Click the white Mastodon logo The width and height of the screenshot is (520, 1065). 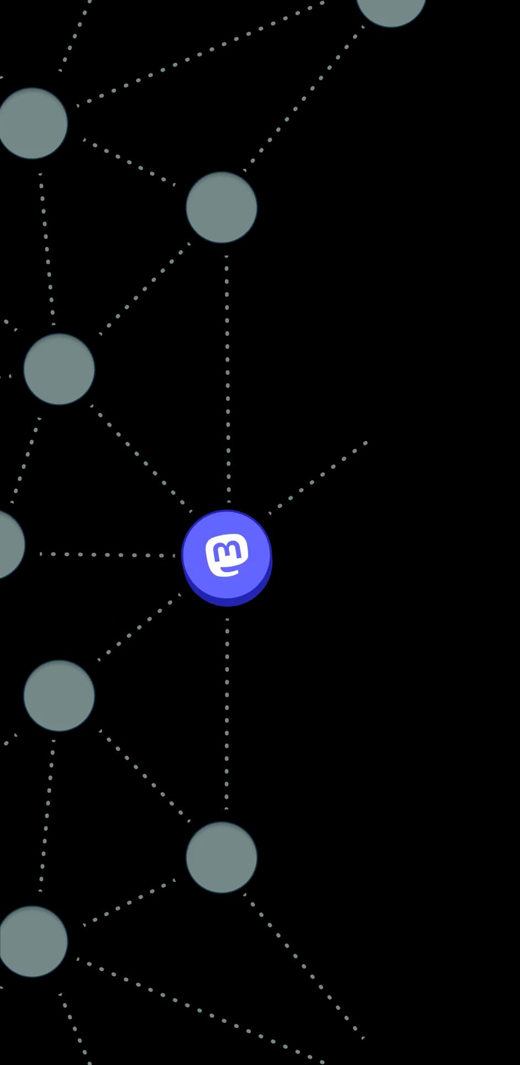coord(227,555)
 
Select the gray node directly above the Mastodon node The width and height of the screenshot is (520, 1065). coord(221,207)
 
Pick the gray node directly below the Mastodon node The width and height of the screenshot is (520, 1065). coord(221,857)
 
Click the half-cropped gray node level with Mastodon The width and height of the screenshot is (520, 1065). coord(8,544)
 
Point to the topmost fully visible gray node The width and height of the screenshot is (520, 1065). coord(33,123)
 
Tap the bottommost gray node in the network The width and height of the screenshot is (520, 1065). coord(33,942)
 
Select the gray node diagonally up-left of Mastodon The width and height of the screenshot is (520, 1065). coord(59,369)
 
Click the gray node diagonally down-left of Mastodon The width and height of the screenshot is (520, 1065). coord(59,696)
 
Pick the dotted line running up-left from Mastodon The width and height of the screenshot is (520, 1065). coord(141,457)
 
